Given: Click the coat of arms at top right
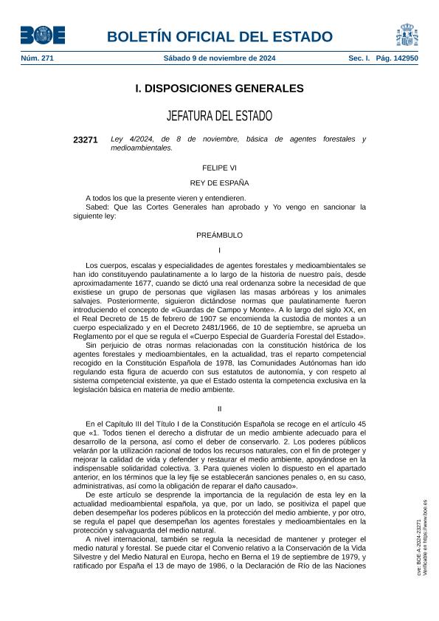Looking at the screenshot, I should pyautogui.click(x=407, y=34).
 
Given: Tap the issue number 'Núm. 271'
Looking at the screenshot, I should pyautogui.click(x=38, y=58).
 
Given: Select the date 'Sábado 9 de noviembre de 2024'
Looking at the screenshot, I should pyautogui.click(x=219, y=58).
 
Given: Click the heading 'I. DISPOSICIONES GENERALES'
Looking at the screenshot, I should pyautogui.click(x=219, y=89).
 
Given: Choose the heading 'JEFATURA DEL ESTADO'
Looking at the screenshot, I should pyautogui.click(x=219, y=116).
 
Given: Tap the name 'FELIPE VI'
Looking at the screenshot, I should pyautogui.click(x=219, y=168).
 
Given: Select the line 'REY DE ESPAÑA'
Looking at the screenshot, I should pyautogui.click(x=219, y=182).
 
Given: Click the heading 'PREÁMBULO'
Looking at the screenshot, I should pyautogui.click(x=219, y=235).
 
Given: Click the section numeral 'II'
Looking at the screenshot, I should pyautogui.click(x=219, y=408).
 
